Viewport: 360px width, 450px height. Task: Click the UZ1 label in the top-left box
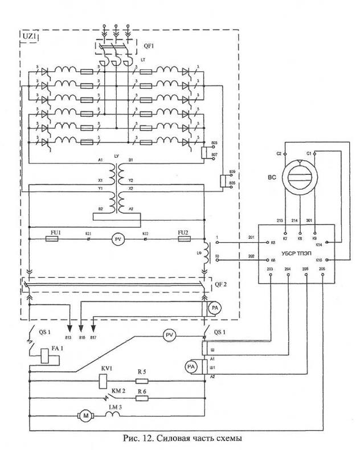coord(30,37)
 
